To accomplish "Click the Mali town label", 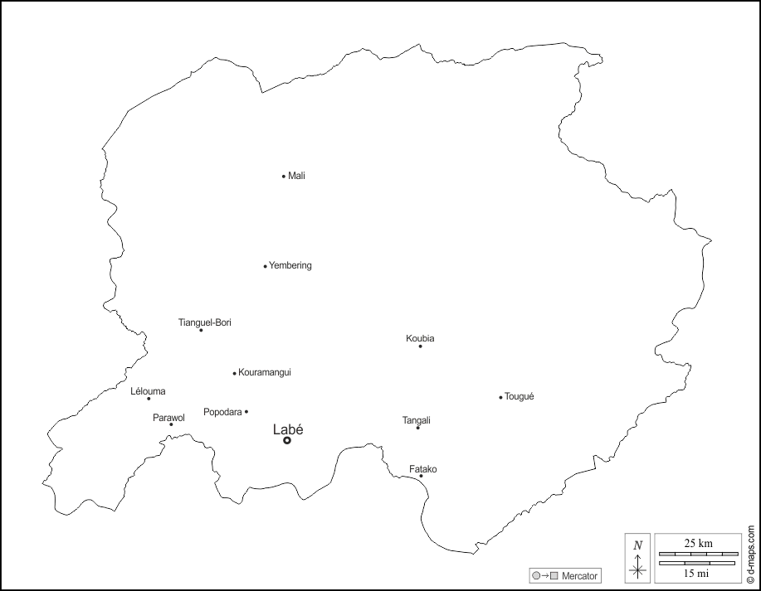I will click(296, 176).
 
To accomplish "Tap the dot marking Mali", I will click(284, 176).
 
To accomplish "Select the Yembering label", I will click(290, 265).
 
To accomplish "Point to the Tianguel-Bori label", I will click(205, 322).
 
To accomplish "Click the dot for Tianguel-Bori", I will click(201, 330).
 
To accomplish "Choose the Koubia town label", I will click(420, 338).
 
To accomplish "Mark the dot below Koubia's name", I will click(420, 346).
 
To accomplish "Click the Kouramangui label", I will click(265, 373).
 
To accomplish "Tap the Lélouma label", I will click(149, 391).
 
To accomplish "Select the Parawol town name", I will click(168, 418).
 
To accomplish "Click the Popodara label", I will click(222, 412).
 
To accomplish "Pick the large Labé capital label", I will click(288, 429).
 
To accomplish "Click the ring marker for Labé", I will click(287, 440).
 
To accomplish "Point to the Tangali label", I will click(417, 420).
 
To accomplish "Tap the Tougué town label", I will click(520, 397).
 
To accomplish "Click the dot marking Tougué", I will click(500, 397).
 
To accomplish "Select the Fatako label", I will click(423, 469).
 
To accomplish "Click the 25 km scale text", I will click(698, 543).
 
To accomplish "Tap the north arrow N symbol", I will click(637, 545).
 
